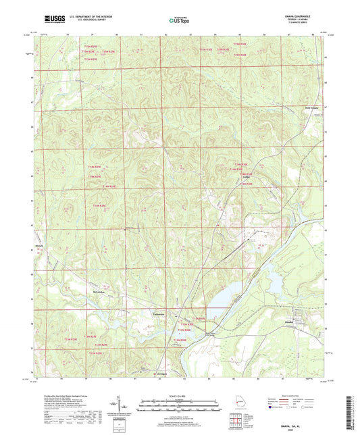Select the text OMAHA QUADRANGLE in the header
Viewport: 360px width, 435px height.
pyautogui.click(x=312, y=18)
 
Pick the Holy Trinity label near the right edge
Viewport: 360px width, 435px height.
pyautogui.click(x=311, y=106)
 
